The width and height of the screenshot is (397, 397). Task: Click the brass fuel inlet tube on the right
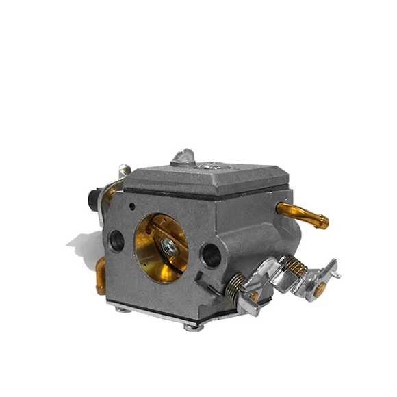[x=304, y=214]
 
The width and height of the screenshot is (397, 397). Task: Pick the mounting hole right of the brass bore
[x=211, y=255]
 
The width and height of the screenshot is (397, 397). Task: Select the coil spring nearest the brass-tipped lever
[x=294, y=266]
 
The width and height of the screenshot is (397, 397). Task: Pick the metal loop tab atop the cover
[x=183, y=157]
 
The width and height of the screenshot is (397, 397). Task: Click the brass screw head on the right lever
[x=320, y=290]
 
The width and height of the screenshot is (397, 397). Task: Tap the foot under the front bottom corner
[x=193, y=326]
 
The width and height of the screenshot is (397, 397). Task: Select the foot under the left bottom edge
[x=123, y=309]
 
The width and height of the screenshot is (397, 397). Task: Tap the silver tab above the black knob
[x=124, y=171]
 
